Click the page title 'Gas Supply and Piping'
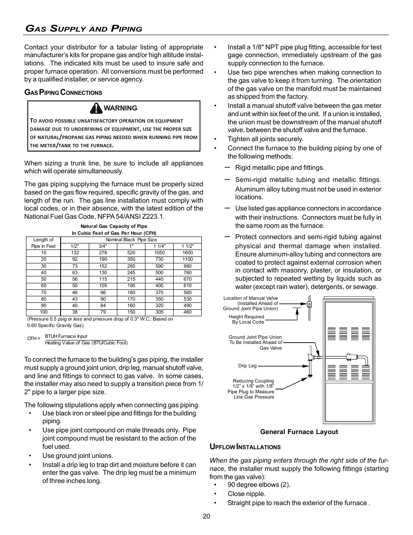tap(84, 29)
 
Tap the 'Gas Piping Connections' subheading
tap(63, 93)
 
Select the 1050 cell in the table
tap(159, 253)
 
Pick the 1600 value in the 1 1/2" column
tap(187, 253)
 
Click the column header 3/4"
tap(103, 246)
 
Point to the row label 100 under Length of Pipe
tap(44, 312)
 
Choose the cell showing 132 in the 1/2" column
tap(75, 253)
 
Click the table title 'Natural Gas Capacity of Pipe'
tap(114, 226)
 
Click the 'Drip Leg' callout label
tap(247, 366)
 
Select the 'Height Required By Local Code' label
tap(246, 319)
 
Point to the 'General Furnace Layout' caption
tap(299, 432)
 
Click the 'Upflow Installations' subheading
tap(245, 447)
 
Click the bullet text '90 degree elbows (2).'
tap(259, 485)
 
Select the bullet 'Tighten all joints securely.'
tap(265, 139)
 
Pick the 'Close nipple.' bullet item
tap(246, 494)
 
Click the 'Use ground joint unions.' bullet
tap(77, 456)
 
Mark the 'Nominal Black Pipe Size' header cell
tap(131, 240)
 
